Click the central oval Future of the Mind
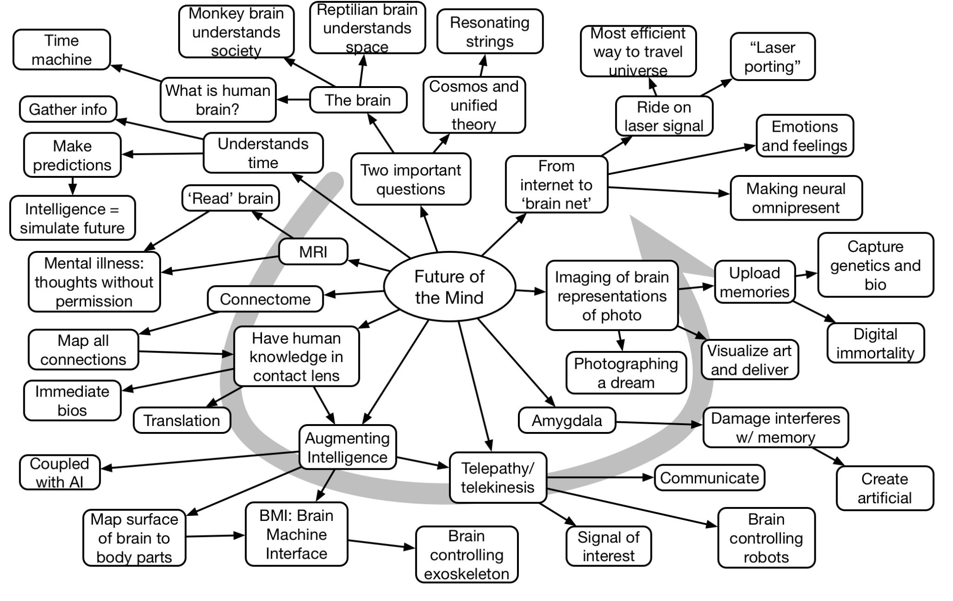(x=449, y=287)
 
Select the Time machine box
(x=61, y=50)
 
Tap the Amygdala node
(x=566, y=420)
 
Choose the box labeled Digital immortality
(x=875, y=343)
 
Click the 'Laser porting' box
(x=772, y=57)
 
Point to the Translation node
(x=181, y=420)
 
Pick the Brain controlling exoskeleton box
(x=466, y=554)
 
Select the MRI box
(x=313, y=252)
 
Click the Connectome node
(x=265, y=299)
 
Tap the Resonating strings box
(x=490, y=32)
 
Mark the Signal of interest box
(x=608, y=546)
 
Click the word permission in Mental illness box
(x=94, y=301)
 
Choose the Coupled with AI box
(x=60, y=472)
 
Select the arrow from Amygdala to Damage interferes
(x=658, y=423)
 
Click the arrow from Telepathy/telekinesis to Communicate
(x=600, y=477)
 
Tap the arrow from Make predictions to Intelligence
(x=73, y=186)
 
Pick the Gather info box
(x=68, y=109)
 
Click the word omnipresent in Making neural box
(x=796, y=208)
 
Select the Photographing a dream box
(x=626, y=373)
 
